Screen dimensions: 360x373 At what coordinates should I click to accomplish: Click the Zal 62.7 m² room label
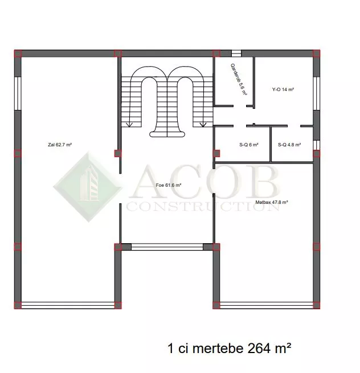(x=60, y=145)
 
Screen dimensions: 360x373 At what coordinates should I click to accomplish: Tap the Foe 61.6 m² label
(x=169, y=185)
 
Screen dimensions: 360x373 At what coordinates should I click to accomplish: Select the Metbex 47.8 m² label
(x=272, y=202)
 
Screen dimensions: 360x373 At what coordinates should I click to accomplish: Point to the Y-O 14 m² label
(x=283, y=89)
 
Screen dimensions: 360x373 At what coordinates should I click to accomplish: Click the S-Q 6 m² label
(x=249, y=145)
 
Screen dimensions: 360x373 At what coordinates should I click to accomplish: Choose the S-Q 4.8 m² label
(x=289, y=145)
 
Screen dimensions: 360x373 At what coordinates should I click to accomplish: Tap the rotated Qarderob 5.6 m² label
(x=239, y=80)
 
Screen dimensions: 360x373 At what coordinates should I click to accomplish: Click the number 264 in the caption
(x=259, y=349)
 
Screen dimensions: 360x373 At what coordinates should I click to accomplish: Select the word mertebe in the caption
(x=218, y=349)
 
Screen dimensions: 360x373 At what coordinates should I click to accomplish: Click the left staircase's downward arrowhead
(x=129, y=124)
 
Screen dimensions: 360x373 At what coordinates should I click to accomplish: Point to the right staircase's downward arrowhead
(x=203, y=124)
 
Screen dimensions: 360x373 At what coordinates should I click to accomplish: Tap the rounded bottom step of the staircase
(x=167, y=134)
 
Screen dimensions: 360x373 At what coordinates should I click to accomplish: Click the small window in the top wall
(x=236, y=54)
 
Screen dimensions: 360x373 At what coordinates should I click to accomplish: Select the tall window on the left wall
(x=18, y=93)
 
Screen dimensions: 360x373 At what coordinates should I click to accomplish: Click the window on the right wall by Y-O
(x=317, y=93)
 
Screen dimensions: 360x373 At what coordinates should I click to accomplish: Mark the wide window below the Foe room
(x=167, y=247)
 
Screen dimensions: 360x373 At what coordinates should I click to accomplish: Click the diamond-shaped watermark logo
(x=88, y=187)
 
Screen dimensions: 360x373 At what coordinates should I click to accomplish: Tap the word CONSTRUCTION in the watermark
(x=203, y=207)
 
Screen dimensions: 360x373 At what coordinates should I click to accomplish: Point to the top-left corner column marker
(x=18, y=54)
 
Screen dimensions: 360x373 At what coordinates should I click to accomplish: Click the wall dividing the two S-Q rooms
(x=271, y=144)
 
